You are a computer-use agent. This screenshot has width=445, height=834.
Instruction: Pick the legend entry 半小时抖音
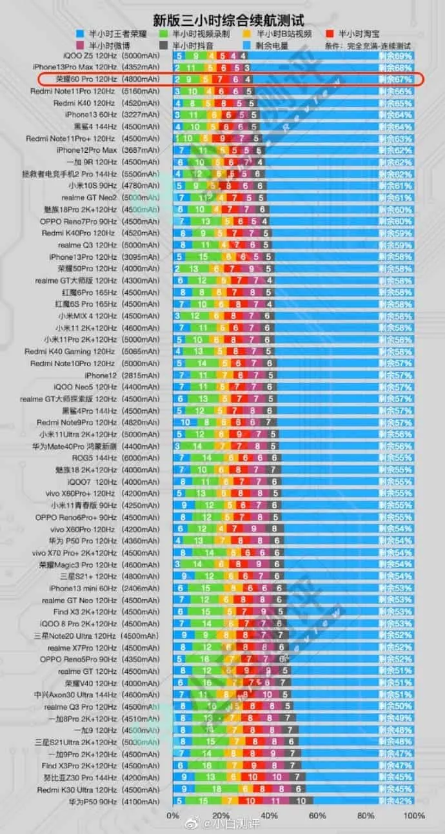click(197, 46)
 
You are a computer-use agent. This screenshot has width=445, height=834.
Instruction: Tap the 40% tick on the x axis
click(269, 815)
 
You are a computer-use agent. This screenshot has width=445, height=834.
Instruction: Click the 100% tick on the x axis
click(413, 815)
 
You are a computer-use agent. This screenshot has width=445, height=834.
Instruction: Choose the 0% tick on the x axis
click(173, 815)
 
